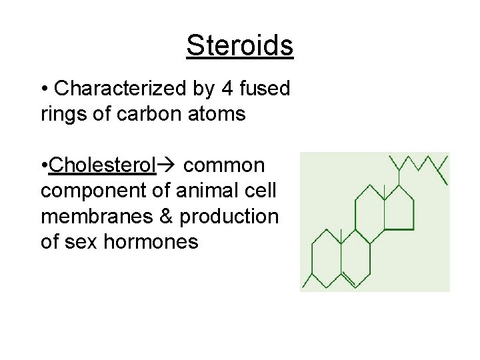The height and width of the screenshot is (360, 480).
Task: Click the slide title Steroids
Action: [x=239, y=45]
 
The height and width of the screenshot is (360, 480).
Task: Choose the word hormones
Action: [x=151, y=241]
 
